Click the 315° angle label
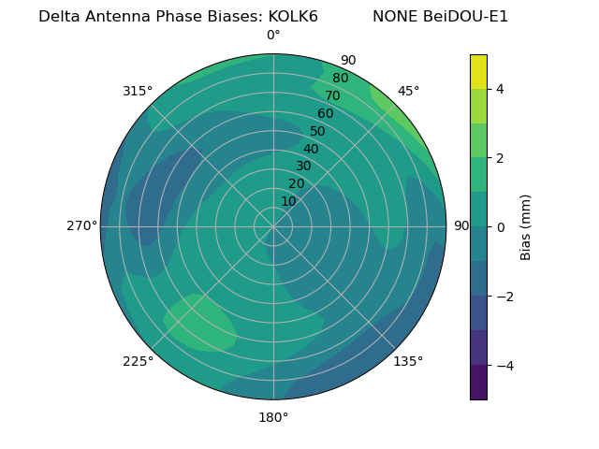138,91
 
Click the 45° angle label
408,91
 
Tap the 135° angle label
408,361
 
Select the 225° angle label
138,361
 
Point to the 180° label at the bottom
273,417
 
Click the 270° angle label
81,225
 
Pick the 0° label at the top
273,36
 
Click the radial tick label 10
288,201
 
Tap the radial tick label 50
317,131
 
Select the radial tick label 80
340,78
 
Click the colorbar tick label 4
501,89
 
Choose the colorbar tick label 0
501,226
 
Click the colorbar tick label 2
501,158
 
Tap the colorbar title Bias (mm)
526,226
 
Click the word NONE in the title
393,17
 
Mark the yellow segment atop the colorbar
478,71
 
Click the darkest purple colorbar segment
478,382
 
